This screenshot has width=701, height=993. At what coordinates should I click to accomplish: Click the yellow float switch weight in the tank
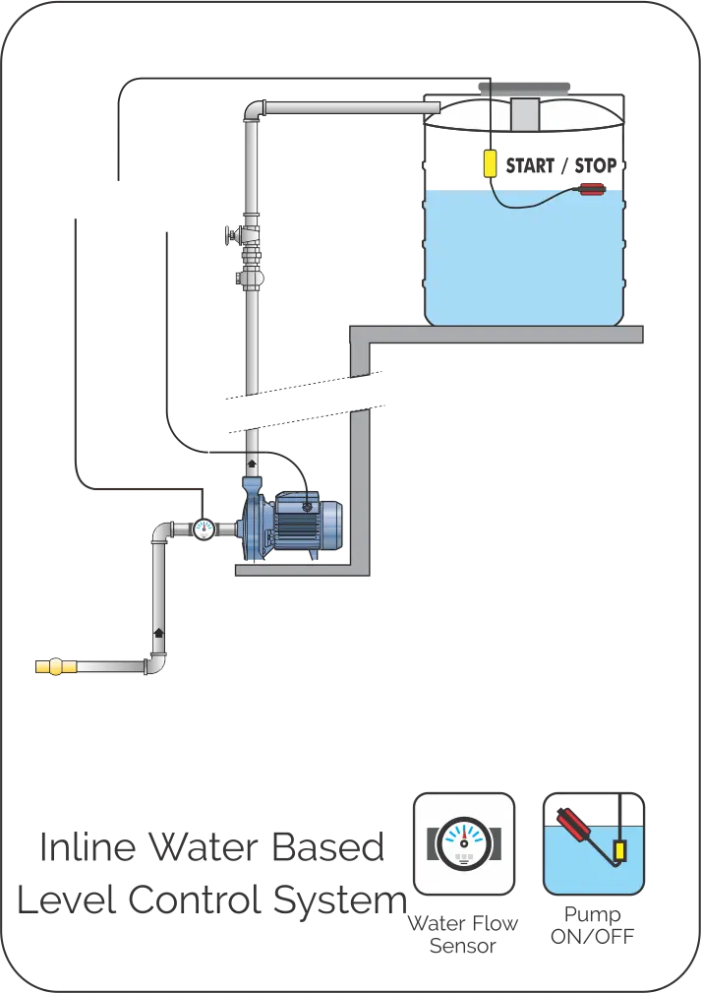coord(489,162)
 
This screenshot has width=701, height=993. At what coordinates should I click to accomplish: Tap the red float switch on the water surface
coord(590,189)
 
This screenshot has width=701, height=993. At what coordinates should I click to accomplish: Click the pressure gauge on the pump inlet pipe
coord(204,528)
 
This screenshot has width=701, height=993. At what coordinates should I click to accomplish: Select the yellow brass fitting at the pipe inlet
coord(55,666)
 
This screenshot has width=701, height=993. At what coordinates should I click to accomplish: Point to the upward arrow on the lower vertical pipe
coord(158,629)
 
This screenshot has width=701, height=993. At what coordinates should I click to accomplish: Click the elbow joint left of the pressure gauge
coord(160,533)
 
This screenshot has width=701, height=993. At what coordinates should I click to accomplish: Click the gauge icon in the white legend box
coord(463,843)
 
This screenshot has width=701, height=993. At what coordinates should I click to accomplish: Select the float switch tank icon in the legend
coord(593,843)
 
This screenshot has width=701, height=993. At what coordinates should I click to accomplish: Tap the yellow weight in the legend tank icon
coord(620,848)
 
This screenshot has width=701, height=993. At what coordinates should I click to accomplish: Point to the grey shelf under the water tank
coord(501,336)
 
